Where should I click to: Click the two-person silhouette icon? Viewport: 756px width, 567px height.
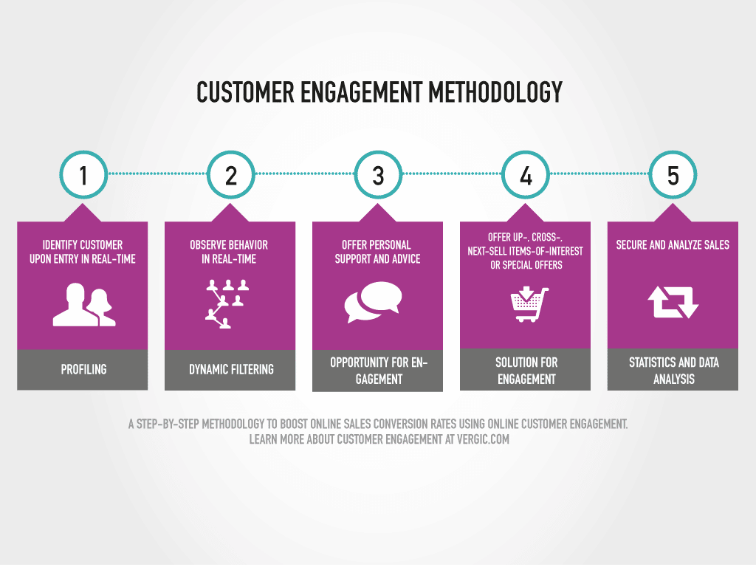84,305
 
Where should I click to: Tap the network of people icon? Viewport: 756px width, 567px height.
227,303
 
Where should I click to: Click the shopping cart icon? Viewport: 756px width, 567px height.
529,304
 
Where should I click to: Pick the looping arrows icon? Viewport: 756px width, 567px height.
673,302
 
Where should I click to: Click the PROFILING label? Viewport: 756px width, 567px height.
83,369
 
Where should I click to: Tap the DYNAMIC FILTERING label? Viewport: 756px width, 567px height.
231,369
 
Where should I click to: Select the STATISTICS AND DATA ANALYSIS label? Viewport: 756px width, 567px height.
673,371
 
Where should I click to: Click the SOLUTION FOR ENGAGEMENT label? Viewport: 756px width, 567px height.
526,371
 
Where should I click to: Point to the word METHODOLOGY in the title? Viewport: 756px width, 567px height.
495,92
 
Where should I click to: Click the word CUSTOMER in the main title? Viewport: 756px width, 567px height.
245,92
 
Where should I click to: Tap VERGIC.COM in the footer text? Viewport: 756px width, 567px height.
483,439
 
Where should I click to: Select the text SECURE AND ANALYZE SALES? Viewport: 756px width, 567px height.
673,245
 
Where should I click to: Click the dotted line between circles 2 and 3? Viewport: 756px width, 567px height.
305,173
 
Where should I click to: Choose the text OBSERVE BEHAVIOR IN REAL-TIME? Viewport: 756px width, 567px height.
229,252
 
